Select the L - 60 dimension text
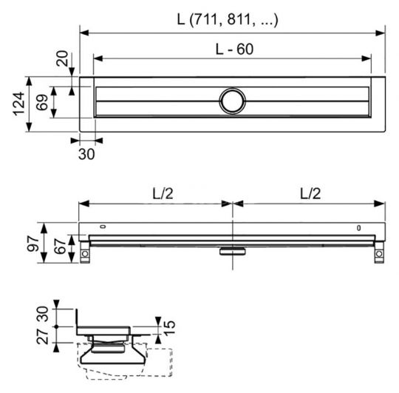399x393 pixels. click(232, 49)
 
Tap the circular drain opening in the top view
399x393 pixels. click(232, 101)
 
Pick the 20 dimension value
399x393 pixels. click(61, 60)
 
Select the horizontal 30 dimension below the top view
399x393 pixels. click(86, 154)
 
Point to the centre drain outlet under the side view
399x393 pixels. click(232, 250)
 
